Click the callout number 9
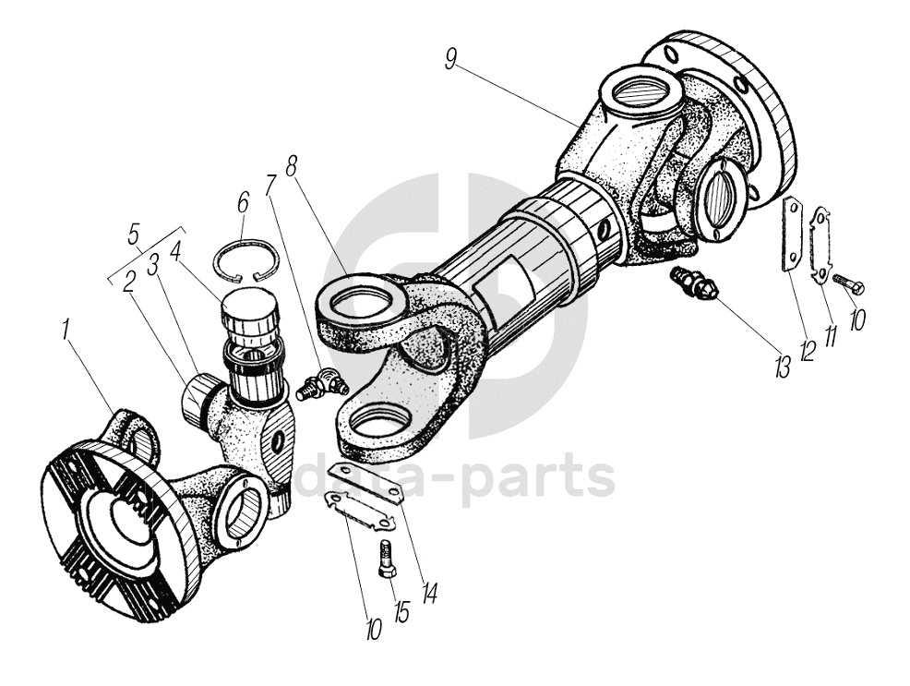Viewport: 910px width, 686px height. (452, 58)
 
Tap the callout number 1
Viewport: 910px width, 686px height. (66, 330)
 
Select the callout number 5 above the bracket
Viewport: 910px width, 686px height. (134, 235)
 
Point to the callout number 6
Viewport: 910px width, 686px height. (243, 203)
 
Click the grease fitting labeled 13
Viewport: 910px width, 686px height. (693, 281)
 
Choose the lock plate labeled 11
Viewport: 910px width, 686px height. (821, 247)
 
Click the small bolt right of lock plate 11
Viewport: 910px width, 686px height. (849, 283)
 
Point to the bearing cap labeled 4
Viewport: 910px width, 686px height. (250, 308)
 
